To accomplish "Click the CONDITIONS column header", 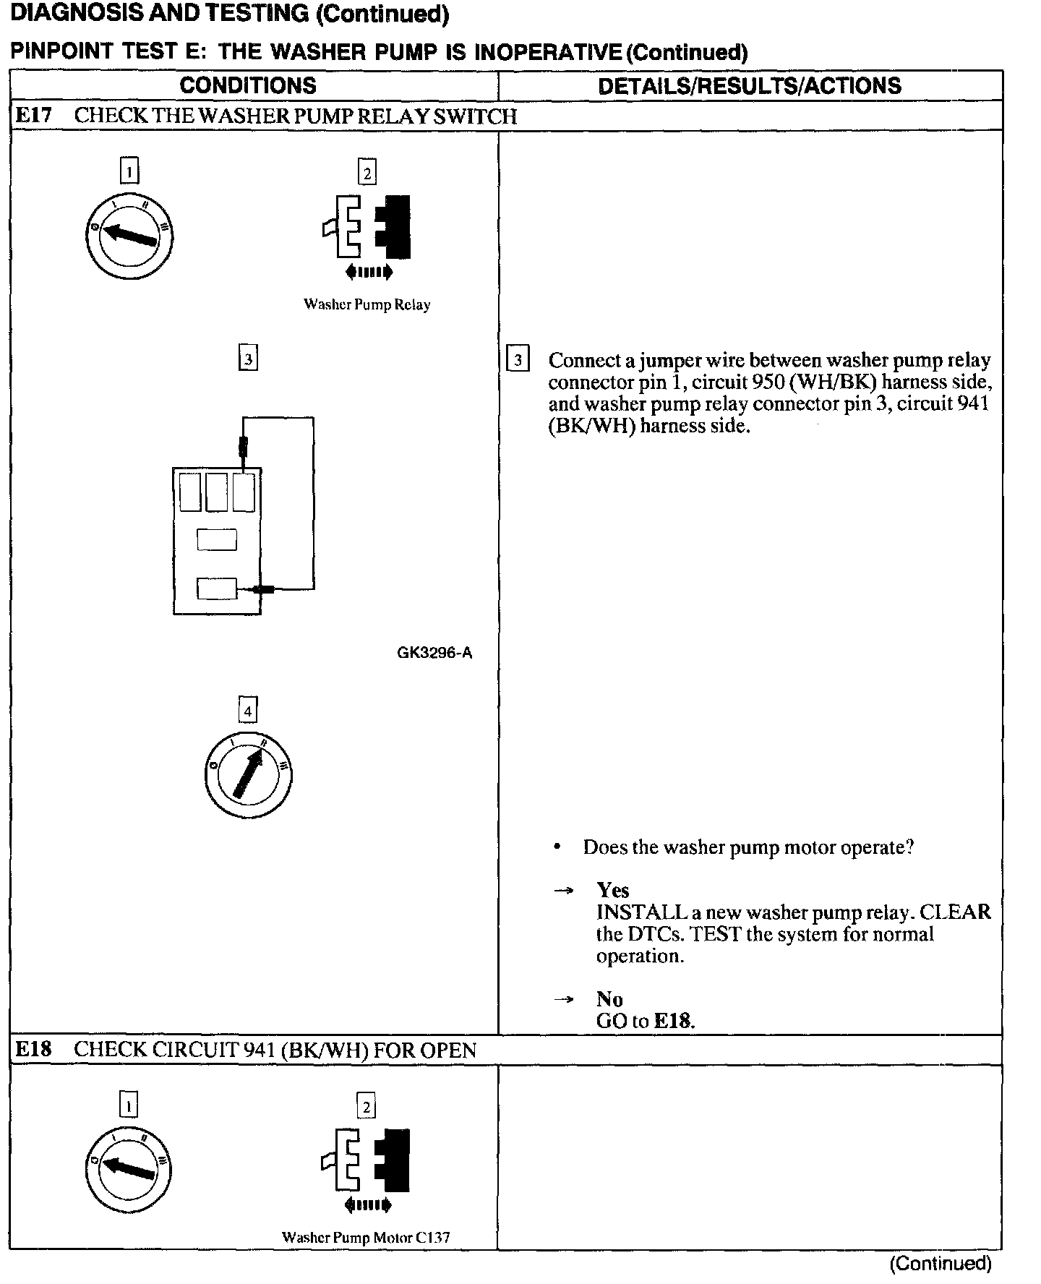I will pyautogui.click(x=248, y=85).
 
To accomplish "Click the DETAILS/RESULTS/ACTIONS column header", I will pyautogui.click(x=750, y=85).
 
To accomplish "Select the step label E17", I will pyautogui.click(x=33, y=116).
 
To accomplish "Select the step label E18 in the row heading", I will pyautogui.click(x=33, y=1049).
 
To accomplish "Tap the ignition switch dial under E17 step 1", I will pyautogui.click(x=129, y=236).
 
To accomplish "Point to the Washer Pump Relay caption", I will pyautogui.click(x=367, y=304).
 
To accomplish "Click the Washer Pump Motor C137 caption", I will pyautogui.click(x=366, y=1237).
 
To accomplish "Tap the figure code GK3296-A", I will pyautogui.click(x=434, y=653).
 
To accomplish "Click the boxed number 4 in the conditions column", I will pyautogui.click(x=248, y=711).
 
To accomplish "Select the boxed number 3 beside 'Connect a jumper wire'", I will pyautogui.click(x=518, y=359).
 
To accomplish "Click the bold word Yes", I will pyautogui.click(x=612, y=890).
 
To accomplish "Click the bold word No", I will pyautogui.click(x=609, y=999).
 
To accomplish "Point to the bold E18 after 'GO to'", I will pyautogui.click(x=673, y=1021).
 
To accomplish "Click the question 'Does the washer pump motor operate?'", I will pyautogui.click(x=748, y=847).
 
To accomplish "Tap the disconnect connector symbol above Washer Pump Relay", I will pyautogui.click(x=367, y=227).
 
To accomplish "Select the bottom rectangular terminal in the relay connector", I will pyautogui.click(x=217, y=588).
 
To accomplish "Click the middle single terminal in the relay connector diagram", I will pyautogui.click(x=217, y=539).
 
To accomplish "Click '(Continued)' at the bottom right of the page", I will pyautogui.click(x=941, y=1263).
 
